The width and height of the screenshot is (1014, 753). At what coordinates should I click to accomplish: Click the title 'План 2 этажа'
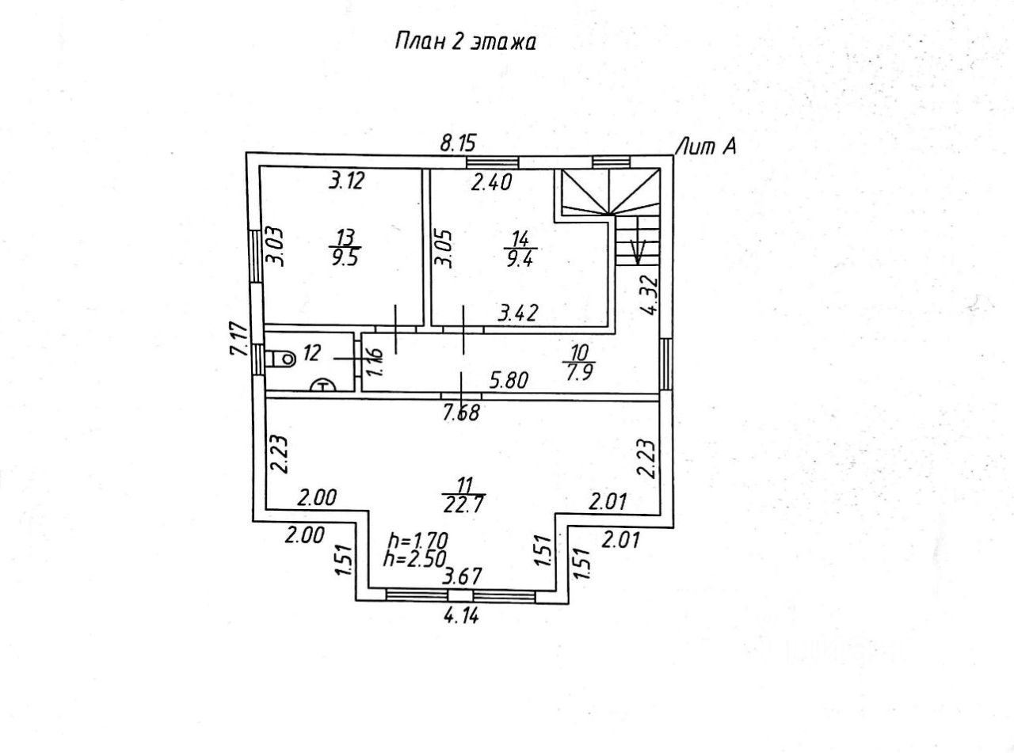click(465, 43)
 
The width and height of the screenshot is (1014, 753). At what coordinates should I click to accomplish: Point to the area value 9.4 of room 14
click(520, 259)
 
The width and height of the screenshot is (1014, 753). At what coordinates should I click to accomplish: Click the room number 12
click(312, 353)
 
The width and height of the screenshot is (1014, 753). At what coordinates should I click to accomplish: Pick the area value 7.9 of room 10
click(579, 372)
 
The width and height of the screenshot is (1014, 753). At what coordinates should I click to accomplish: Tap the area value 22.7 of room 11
click(463, 505)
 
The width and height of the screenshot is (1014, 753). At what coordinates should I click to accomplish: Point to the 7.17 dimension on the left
click(239, 340)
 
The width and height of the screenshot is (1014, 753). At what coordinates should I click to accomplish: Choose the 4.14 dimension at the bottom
click(461, 617)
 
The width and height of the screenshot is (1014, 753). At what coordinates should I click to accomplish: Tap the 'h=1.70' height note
click(417, 541)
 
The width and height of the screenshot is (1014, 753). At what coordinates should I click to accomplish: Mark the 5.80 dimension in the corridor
click(509, 380)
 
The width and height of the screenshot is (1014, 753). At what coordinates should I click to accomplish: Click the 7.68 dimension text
click(461, 413)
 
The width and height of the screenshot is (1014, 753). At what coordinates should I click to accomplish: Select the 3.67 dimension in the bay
click(462, 576)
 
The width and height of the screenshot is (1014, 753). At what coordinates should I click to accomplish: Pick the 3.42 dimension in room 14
click(518, 314)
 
